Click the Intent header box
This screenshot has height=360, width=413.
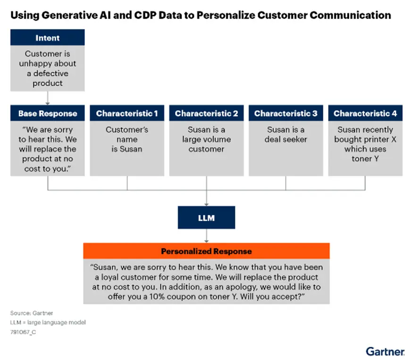47,38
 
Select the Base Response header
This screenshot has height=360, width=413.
47,113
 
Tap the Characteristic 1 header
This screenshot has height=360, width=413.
127,113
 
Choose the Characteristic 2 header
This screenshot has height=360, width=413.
206,113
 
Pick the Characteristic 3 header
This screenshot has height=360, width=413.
286,113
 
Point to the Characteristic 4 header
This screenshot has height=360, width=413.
365,113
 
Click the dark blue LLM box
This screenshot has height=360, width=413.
206,218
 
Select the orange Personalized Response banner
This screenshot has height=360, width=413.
206,251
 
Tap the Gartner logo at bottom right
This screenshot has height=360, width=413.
385,351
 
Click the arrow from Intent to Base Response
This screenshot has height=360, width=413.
47,98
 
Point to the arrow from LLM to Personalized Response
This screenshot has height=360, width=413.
206,236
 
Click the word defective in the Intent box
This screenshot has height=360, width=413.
51,73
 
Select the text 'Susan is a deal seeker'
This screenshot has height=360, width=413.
286,135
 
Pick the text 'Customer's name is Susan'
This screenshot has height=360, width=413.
127,139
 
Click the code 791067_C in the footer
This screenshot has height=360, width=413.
23,332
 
